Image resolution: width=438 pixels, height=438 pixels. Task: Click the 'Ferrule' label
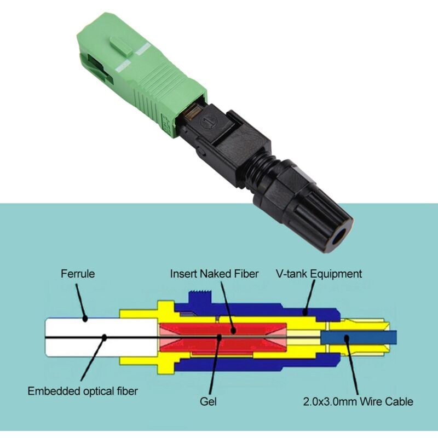tap(78, 273)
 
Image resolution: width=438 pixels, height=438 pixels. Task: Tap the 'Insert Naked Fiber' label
tap(214, 274)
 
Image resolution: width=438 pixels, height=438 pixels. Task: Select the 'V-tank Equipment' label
tap(319, 274)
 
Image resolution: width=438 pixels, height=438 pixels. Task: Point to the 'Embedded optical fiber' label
tap(83, 391)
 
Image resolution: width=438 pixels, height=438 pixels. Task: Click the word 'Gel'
tap(208, 401)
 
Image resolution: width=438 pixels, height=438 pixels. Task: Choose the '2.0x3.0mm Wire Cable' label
tap(358, 401)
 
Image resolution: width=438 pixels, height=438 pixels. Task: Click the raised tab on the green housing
tap(121, 45)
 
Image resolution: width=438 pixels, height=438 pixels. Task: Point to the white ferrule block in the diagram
tap(101, 337)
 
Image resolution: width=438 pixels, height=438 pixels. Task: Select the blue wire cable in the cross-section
tap(359, 338)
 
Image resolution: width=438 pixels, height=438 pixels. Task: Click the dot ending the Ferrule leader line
tap(85, 319)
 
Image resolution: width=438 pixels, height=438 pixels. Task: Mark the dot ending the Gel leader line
tap(220, 337)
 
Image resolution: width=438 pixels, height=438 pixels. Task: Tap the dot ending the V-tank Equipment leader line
tap(306, 313)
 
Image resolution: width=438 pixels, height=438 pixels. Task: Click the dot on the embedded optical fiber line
tap(105, 337)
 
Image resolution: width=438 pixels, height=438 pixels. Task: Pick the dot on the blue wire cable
tap(347, 338)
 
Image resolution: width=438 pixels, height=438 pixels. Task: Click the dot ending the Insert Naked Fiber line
tap(234, 331)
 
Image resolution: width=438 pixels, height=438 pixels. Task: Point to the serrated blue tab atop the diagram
tap(200, 297)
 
